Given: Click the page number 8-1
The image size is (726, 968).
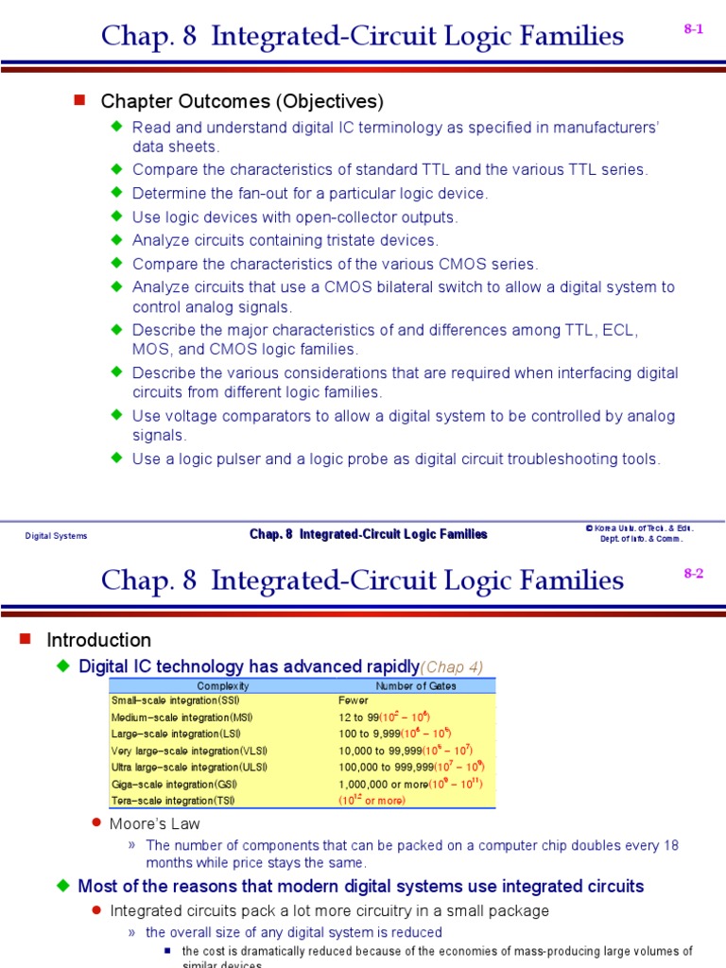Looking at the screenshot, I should [x=694, y=29].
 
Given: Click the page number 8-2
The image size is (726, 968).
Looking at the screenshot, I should [x=694, y=574].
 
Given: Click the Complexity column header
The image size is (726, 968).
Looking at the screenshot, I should [x=223, y=685].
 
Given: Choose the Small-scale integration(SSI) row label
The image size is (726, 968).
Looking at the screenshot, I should [x=176, y=701].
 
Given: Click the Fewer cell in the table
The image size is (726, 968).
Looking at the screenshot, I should [x=353, y=701].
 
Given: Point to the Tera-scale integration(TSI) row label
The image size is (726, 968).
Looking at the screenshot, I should [x=172, y=800].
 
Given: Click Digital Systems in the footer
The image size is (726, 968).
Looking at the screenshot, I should [x=56, y=536].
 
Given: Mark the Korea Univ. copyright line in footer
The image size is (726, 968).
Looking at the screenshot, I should [x=639, y=529].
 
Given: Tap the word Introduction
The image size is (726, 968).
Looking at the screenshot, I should [x=99, y=640].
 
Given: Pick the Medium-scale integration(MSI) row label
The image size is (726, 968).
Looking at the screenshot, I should [x=181, y=717].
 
